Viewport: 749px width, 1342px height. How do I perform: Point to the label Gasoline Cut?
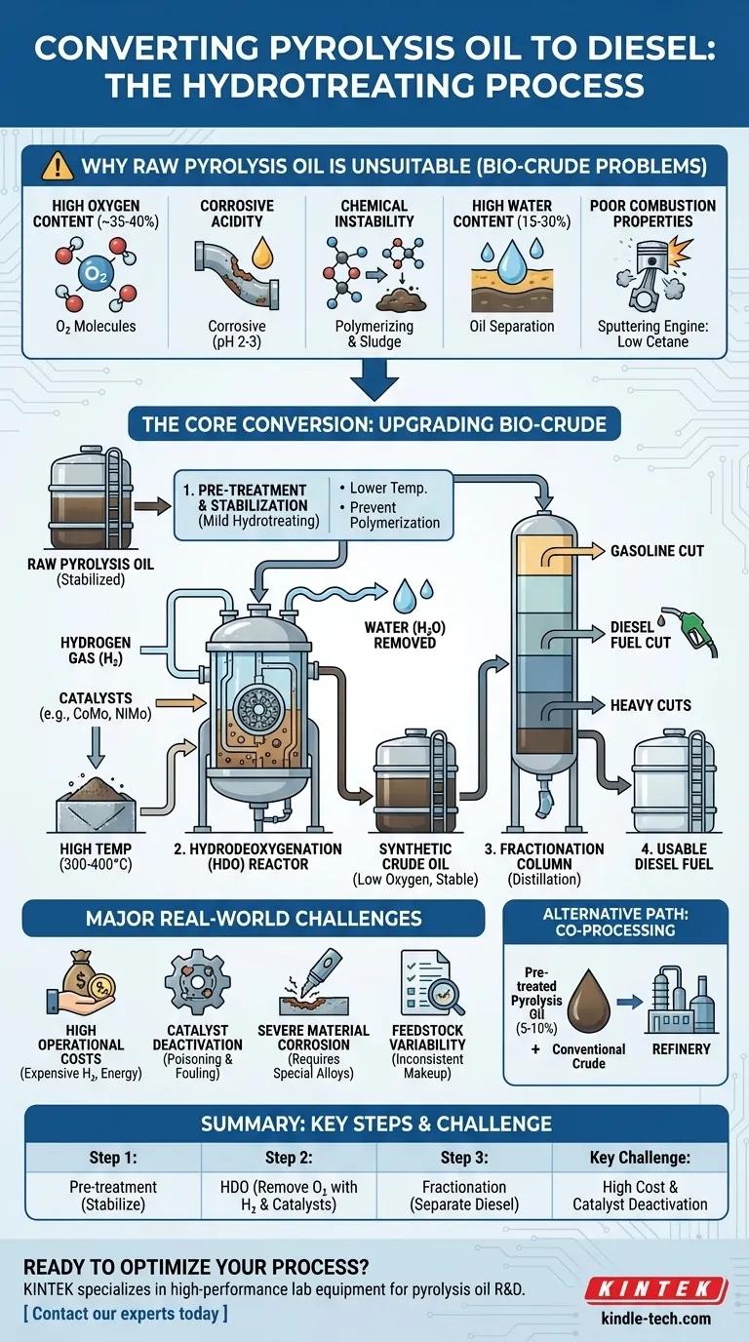point(656,551)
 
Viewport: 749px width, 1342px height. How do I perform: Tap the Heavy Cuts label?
point(650,704)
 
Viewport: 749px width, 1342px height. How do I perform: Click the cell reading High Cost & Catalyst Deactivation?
point(640,1195)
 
